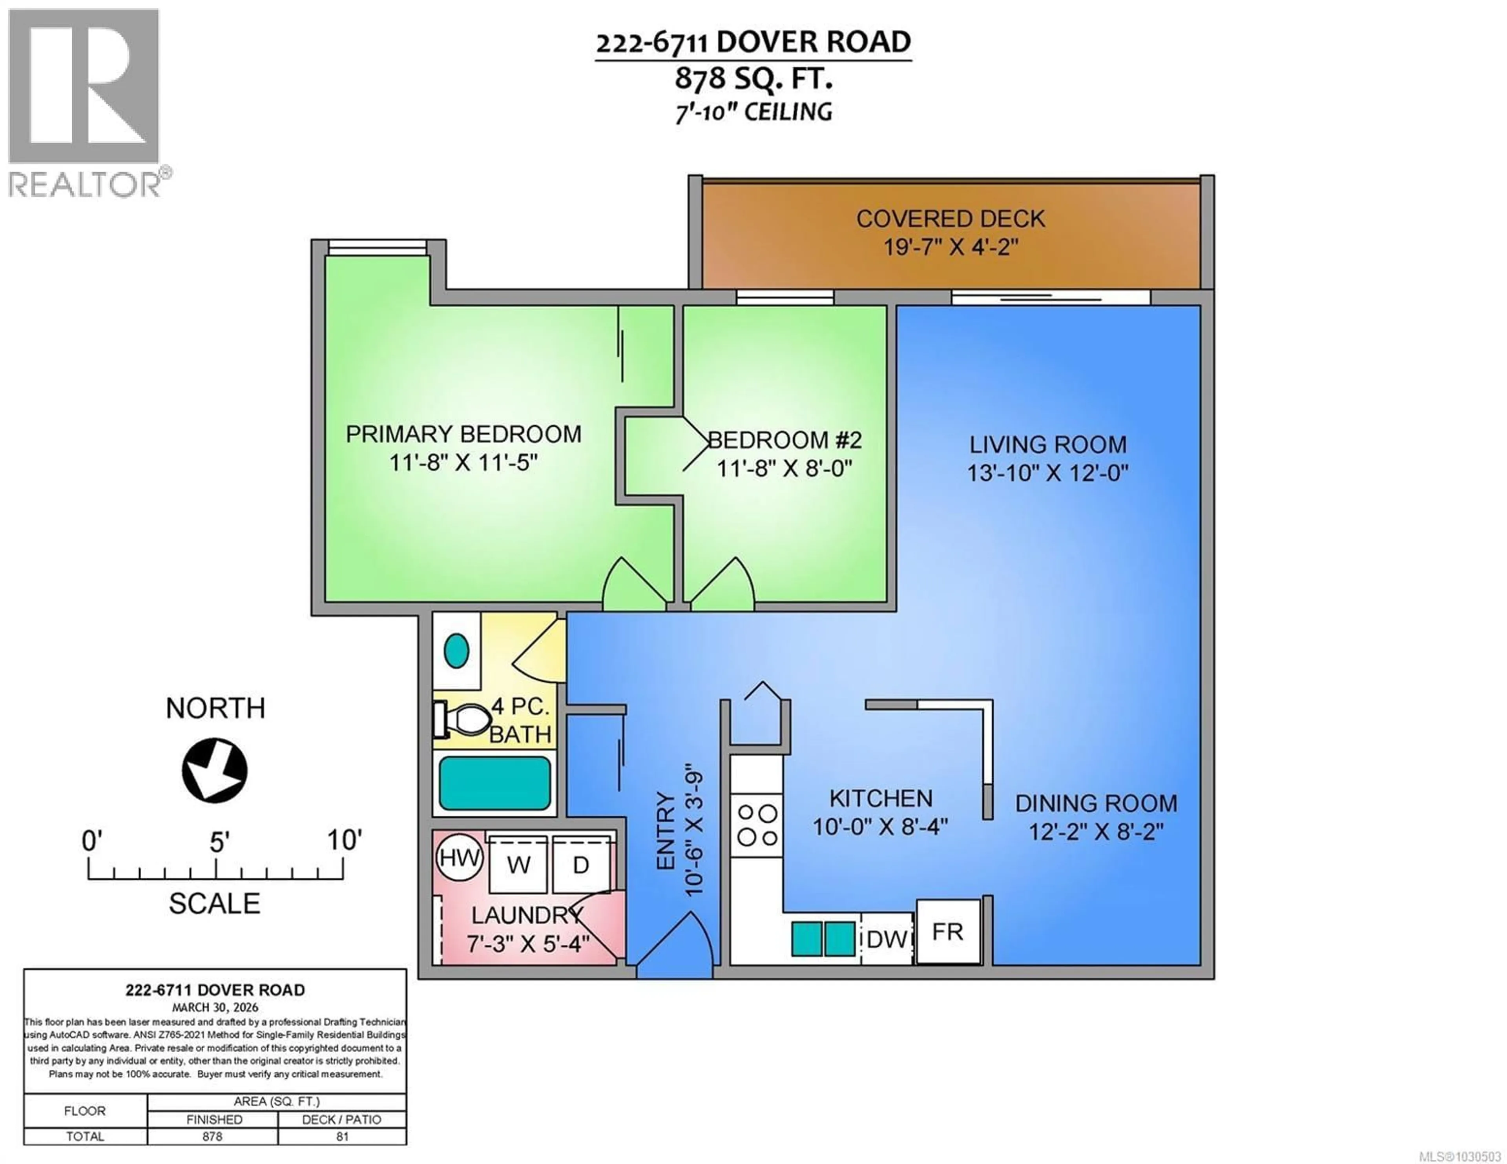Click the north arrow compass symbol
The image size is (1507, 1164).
pos(215,770)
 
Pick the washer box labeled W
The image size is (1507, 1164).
pos(518,865)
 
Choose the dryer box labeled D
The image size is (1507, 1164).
pos(581,865)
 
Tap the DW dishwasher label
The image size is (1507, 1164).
pos(887,939)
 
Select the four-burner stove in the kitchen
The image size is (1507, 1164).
pos(757,825)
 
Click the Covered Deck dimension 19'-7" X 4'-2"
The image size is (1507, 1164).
pos(951,246)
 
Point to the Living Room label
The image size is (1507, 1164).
pos(1047,444)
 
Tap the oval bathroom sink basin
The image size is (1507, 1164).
pos(456,650)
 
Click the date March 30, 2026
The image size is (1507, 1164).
pos(215,1007)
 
